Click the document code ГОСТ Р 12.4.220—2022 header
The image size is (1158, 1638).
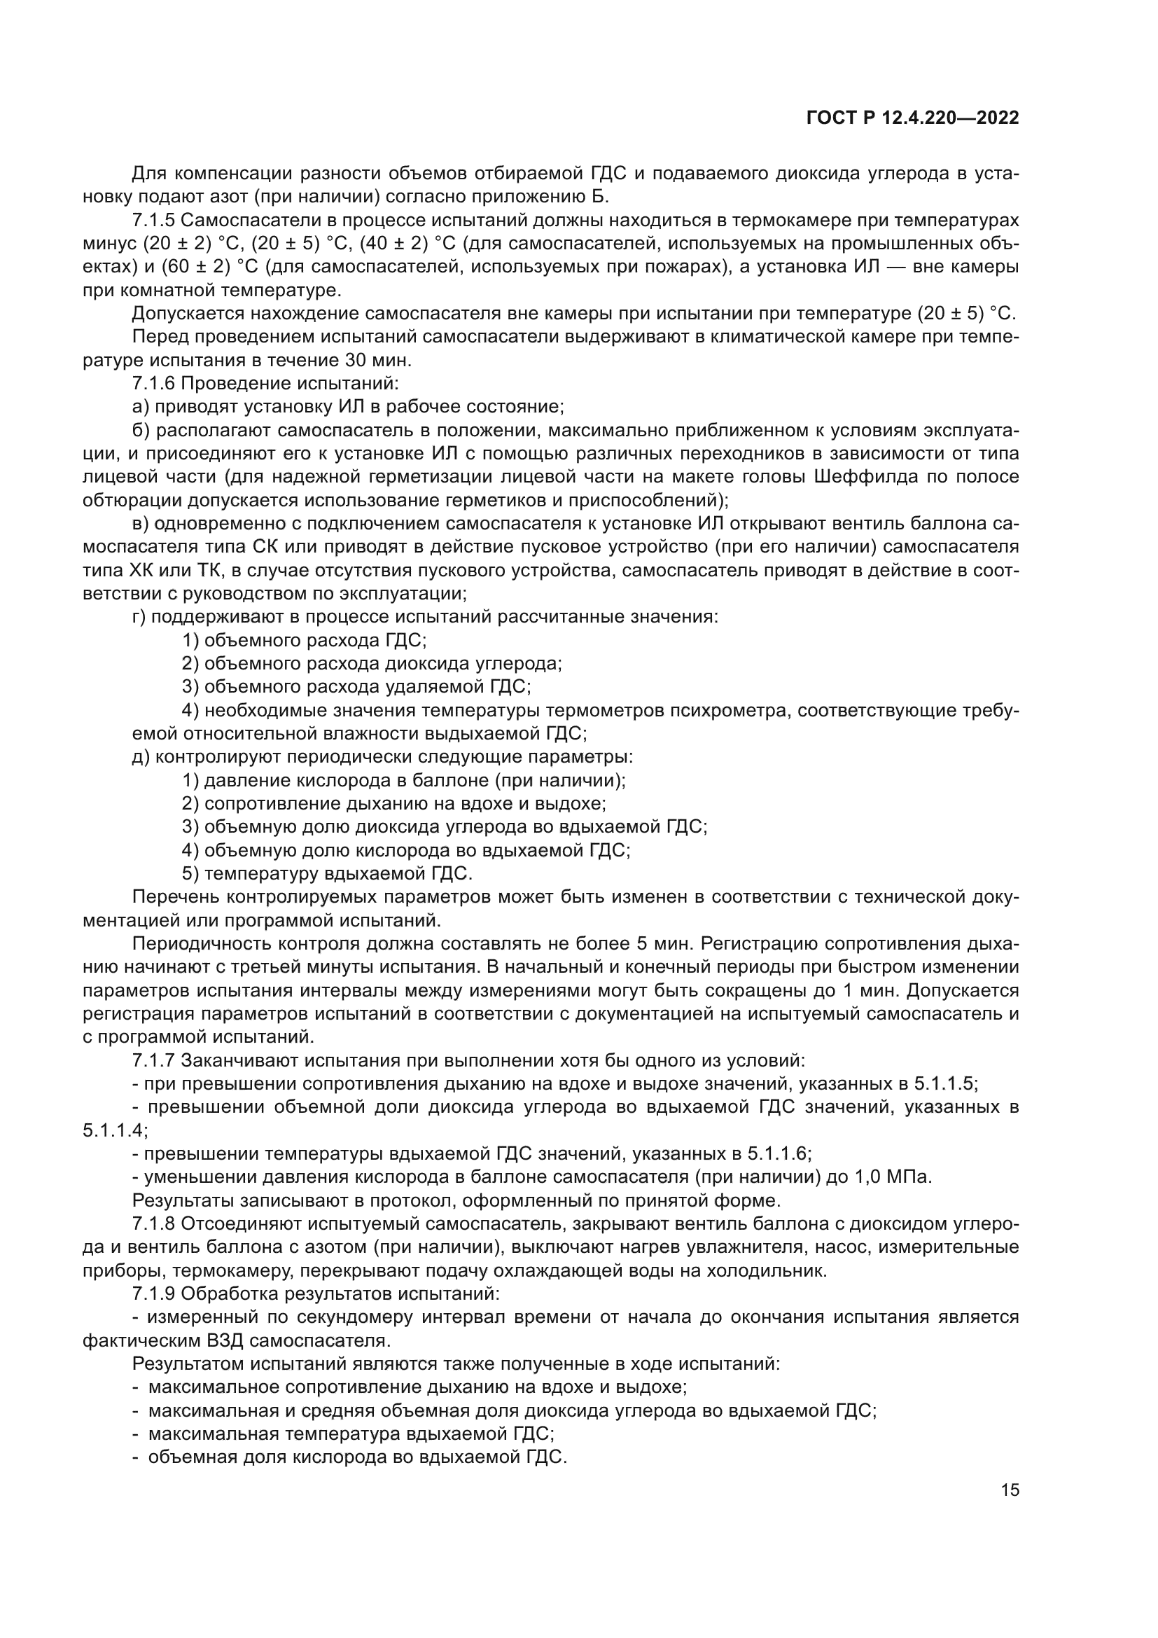912,118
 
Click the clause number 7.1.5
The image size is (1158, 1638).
153,220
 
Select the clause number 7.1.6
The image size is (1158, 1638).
153,383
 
